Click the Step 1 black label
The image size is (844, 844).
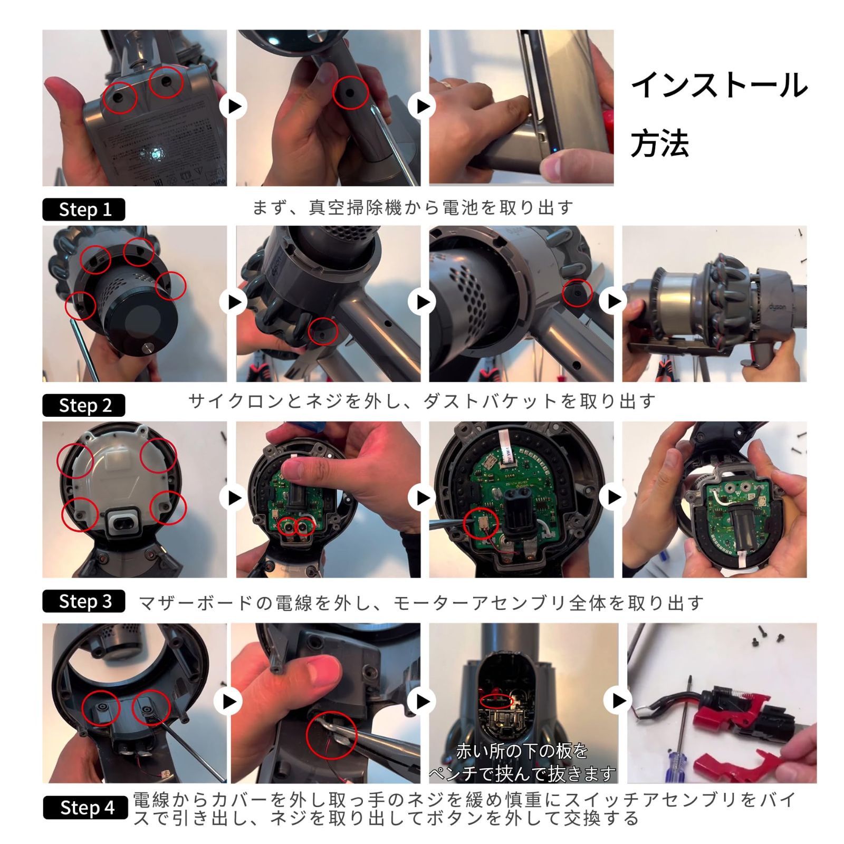83,209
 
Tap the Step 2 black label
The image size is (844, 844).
83,405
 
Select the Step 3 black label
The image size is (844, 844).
83,601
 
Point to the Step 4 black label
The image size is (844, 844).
85,808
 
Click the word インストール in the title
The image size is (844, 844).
719,85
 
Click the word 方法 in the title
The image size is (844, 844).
659,143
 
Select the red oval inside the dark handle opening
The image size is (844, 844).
496,701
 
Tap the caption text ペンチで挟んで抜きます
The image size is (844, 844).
522,774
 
